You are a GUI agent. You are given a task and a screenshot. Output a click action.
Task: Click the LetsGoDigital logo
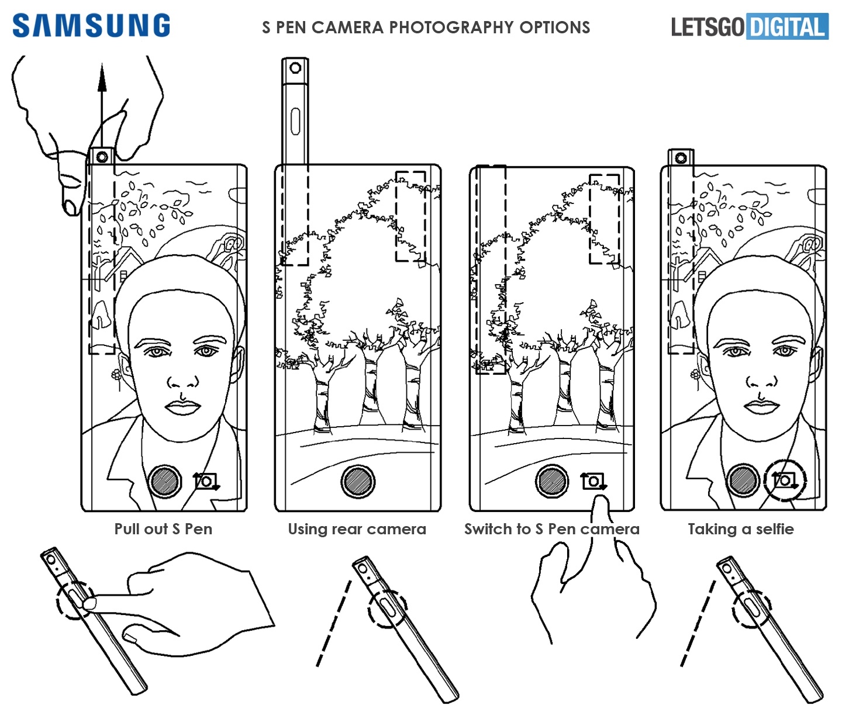[x=750, y=26]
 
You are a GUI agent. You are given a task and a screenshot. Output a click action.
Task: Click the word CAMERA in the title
[x=348, y=27]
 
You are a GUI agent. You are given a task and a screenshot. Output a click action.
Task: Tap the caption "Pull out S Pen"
[x=163, y=528]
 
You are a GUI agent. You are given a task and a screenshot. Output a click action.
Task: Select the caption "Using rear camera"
[x=357, y=528]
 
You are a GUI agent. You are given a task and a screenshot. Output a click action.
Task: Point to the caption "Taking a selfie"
[x=741, y=528]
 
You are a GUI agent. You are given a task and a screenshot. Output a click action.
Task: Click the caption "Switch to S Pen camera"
[x=552, y=528]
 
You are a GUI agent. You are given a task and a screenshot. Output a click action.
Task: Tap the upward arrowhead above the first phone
[x=102, y=77]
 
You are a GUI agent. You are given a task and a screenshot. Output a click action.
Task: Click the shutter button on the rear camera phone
[x=358, y=482]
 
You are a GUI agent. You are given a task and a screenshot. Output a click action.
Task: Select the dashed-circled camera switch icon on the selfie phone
[x=785, y=481]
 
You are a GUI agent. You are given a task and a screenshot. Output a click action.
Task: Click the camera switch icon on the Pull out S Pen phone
[x=206, y=482]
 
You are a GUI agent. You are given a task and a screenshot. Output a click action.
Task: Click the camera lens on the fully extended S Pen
[x=295, y=68]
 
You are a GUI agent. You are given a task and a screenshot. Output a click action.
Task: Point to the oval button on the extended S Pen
[x=295, y=122]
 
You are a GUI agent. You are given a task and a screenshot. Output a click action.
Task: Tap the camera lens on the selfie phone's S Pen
[x=680, y=158]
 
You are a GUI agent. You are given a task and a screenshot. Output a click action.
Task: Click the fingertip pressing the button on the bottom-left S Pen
[x=89, y=603]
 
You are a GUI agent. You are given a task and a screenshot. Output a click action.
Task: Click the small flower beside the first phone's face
[x=117, y=375]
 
